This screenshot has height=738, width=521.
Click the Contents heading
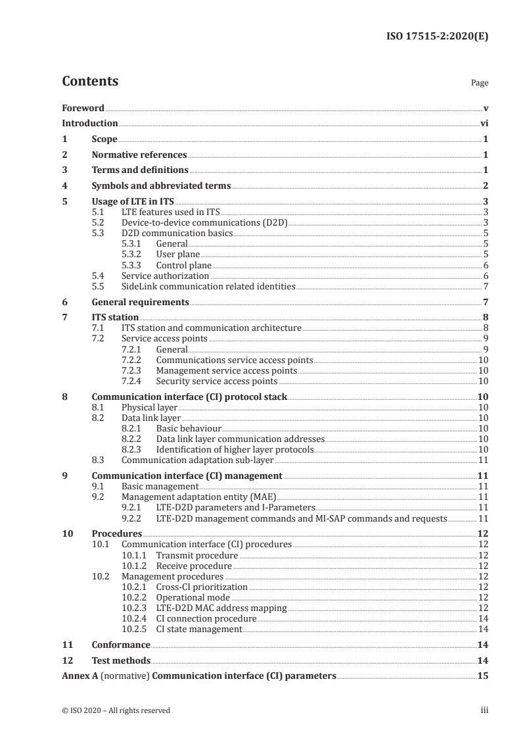click(90, 82)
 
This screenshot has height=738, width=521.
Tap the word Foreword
click(83, 108)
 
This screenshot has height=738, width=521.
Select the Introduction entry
click(89, 123)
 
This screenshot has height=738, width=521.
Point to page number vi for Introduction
click(484, 123)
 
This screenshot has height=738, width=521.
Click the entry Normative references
click(139, 155)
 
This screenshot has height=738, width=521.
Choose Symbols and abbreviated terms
click(161, 185)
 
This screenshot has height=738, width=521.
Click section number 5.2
click(98, 222)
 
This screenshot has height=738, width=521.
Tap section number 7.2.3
click(133, 371)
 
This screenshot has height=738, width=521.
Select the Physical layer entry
click(149, 408)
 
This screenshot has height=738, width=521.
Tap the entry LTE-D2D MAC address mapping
click(221, 608)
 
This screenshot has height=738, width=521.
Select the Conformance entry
click(121, 645)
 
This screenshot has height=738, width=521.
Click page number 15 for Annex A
click(483, 676)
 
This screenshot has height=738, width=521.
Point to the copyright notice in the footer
click(116, 710)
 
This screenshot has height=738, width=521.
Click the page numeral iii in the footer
click(485, 710)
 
